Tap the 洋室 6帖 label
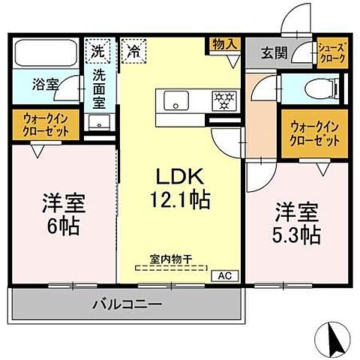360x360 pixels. tap(62, 213)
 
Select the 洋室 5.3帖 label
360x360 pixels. tap(295, 223)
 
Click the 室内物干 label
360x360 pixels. tap(171, 259)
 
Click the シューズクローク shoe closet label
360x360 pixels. tap(331, 51)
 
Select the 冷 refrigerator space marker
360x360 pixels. tap(134, 52)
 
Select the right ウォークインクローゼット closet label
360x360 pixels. tap(314, 133)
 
